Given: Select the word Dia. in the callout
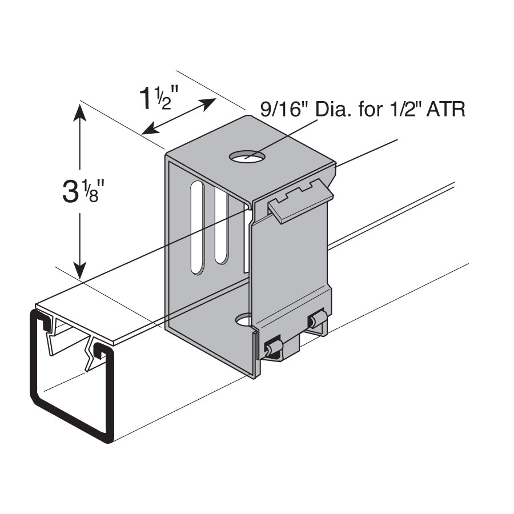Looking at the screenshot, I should [x=331, y=109].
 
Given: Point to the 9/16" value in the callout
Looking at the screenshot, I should [x=283, y=109].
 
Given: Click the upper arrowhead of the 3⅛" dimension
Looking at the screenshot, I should [x=81, y=112].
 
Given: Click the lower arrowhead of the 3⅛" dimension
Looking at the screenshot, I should [x=81, y=268].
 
